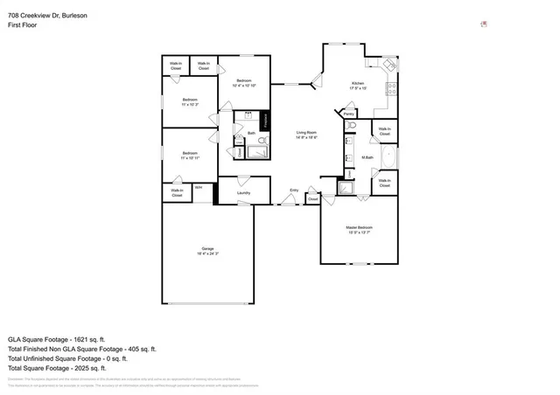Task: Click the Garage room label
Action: click(208, 251)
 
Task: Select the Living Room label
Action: click(305, 134)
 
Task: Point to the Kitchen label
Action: click(357, 85)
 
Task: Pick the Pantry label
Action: click(348, 114)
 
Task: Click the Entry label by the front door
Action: click(294, 190)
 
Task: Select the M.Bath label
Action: click(368, 157)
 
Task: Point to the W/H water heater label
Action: click(199, 187)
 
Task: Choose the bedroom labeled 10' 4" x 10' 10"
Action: click(243, 84)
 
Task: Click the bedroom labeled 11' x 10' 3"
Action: click(191, 101)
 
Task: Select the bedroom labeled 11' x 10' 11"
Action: click(191, 156)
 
